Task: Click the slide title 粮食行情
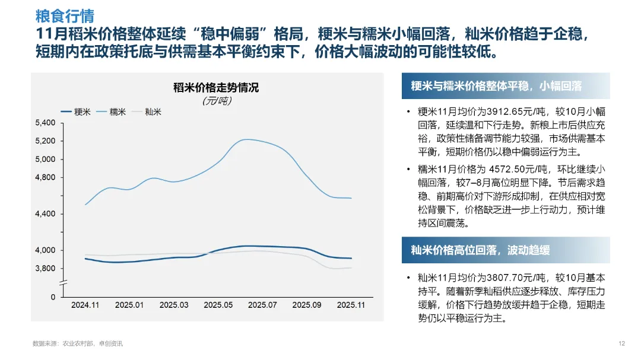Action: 65,16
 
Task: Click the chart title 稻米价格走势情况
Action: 216,87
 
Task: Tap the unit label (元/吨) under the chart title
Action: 217,101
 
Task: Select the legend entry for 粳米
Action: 75,111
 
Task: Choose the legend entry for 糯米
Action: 111,111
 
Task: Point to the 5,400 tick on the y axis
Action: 45,123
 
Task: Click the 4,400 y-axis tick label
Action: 45,214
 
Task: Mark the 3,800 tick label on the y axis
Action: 45,269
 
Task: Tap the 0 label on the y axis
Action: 53,297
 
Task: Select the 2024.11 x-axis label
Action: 85,305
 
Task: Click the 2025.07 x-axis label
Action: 262,305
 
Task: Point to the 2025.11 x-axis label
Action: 351,305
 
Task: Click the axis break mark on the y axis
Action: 64,282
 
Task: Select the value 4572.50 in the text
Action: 509,169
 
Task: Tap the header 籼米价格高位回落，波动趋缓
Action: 480,250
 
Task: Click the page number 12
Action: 622,343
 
